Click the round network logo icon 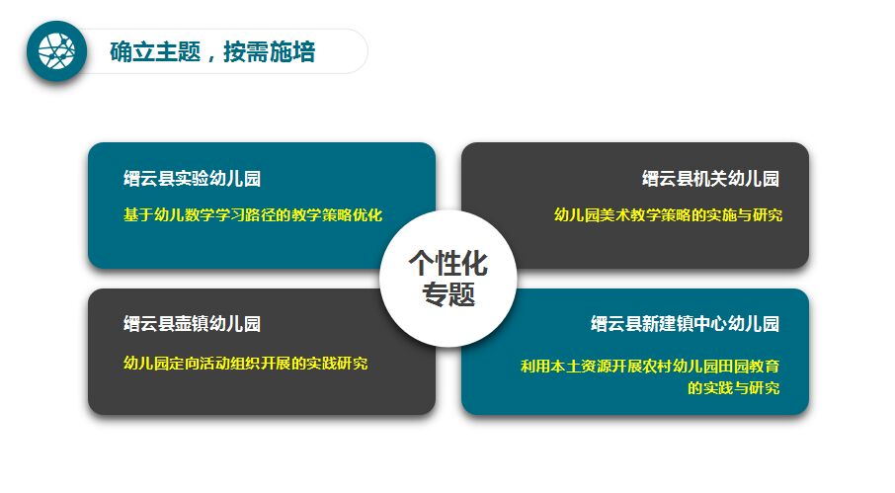(x=56, y=51)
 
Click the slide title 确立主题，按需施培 (x=212, y=52)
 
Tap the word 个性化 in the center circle (x=448, y=264)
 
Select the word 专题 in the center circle (x=448, y=294)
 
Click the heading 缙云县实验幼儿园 (x=193, y=179)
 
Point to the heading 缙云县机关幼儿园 (x=710, y=179)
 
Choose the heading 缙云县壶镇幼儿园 (x=193, y=324)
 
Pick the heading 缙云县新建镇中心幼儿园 (x=685, y=324)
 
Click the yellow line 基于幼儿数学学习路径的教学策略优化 (x=253, y=215)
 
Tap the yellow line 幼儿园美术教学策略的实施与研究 (x=668, y=215)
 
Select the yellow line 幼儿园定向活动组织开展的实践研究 (x=245, y=364)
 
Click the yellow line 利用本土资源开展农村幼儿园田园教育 (x=650, y=366)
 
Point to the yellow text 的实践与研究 (x=733, y=388)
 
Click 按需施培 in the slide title (x=270, y=52)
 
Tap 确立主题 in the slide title (x=155, y=52)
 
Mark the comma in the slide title (x=211, y=57)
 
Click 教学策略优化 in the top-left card (x=337, y=215)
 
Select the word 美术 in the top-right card (x=614, y=215)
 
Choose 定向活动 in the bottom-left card (x=200, y=364)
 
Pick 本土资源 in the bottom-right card (x=581, y=366)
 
